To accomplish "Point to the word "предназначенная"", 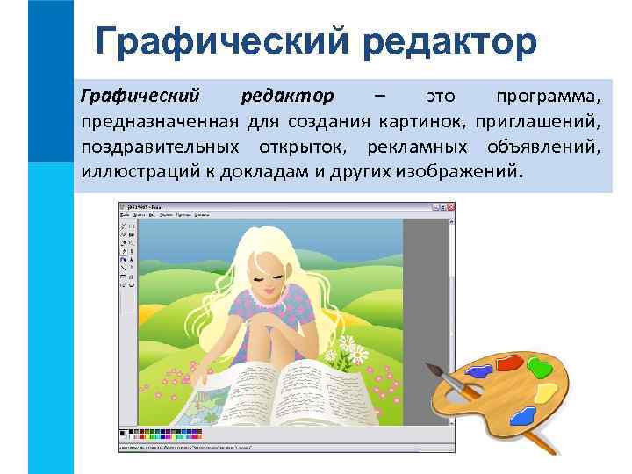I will coord(161,118).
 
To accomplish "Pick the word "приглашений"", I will coord(543,118).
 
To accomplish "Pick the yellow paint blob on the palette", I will coord(544,390).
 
